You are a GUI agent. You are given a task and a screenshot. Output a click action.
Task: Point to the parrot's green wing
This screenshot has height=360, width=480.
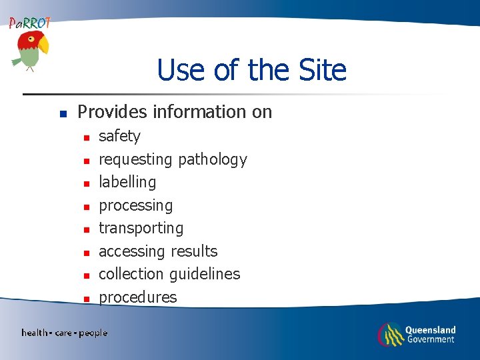(x=18, y=61)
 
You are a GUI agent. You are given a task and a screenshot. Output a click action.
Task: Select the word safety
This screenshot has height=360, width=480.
(x=119, y=136)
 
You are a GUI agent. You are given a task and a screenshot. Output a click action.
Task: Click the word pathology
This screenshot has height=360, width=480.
(x=212, y=159)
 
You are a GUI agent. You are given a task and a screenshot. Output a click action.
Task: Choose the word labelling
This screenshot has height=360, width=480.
(x=127, y=182)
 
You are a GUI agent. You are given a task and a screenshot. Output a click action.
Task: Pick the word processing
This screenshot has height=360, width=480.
(x=135, y=205)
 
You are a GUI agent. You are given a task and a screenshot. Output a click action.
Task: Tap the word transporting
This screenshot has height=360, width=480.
(x=141, y=228)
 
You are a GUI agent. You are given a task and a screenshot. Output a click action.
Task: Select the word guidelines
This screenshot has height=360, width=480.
(x=205, y=274)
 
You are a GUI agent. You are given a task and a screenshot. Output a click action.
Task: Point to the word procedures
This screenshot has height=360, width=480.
(x=138, y=297)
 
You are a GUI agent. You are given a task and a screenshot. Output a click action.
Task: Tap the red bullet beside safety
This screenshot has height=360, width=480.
(x=86, y=138)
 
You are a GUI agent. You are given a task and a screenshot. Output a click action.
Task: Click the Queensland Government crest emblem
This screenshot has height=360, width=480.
(x=390, y=334)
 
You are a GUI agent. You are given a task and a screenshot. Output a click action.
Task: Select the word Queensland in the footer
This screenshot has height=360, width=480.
(x=430, y=329)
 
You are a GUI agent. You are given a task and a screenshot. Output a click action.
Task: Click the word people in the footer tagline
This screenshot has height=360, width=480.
(x=93, y=333)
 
